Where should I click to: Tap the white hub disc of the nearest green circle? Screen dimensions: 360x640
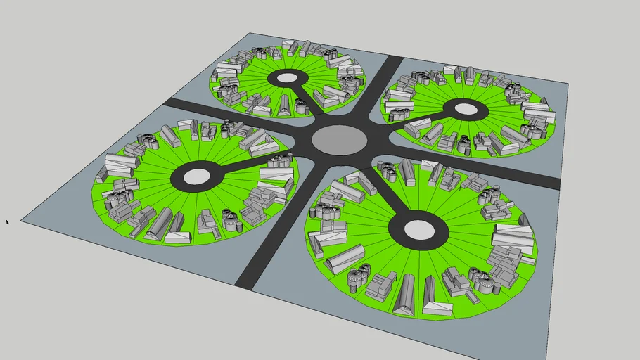418,230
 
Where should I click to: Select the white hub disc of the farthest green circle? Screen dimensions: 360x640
288,78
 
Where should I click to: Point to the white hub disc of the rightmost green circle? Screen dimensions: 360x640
465,109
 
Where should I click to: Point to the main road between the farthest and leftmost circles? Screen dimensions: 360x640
211,112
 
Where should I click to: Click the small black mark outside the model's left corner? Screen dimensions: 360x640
8,222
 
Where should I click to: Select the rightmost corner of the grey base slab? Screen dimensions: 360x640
568,83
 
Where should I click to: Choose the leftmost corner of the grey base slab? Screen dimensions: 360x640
21,221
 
